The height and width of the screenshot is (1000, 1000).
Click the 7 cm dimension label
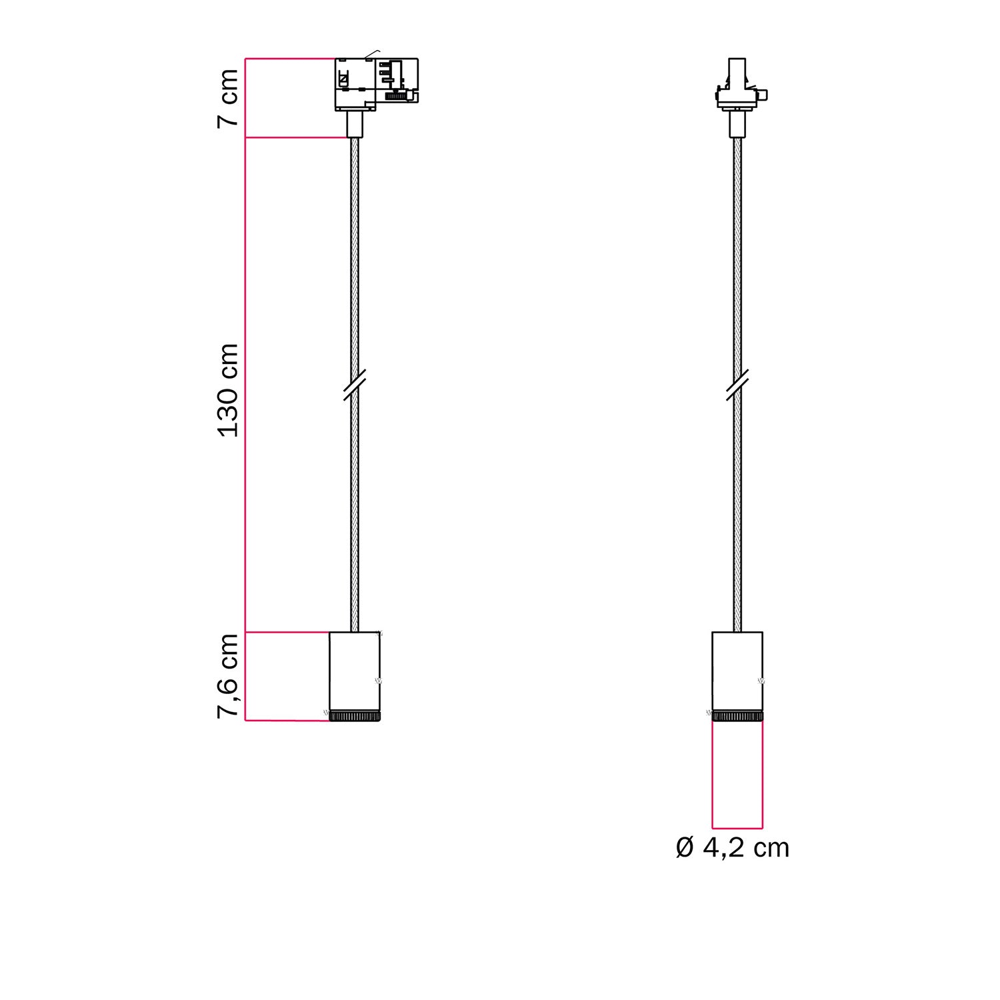coord(228,98)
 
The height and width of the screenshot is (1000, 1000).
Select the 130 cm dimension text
coord(228,390)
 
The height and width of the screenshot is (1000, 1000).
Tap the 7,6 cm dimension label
coord(228,675)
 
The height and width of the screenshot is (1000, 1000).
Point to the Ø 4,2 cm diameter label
coord(732,848)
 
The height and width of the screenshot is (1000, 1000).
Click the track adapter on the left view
coord(376,84)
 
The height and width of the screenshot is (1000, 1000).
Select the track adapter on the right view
coord(737,87)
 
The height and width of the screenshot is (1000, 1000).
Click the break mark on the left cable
coord(355,385)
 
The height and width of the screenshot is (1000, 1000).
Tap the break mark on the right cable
coord(737,385)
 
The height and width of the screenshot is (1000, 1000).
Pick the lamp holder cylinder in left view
coord(355,670)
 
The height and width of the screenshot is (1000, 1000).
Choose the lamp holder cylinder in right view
coord(737,670)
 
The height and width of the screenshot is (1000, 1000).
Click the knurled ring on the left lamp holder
coord(355,716)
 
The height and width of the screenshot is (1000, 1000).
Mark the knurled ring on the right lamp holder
coord(737,716)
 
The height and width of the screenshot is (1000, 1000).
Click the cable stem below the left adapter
coord(355,124)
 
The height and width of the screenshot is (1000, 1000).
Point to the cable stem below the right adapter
coord(737,124)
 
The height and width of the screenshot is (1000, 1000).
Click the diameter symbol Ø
coord(685,848)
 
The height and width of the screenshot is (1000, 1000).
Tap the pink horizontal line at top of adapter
coord(289,59)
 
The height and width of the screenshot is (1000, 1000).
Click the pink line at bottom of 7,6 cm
coord(287,721)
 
